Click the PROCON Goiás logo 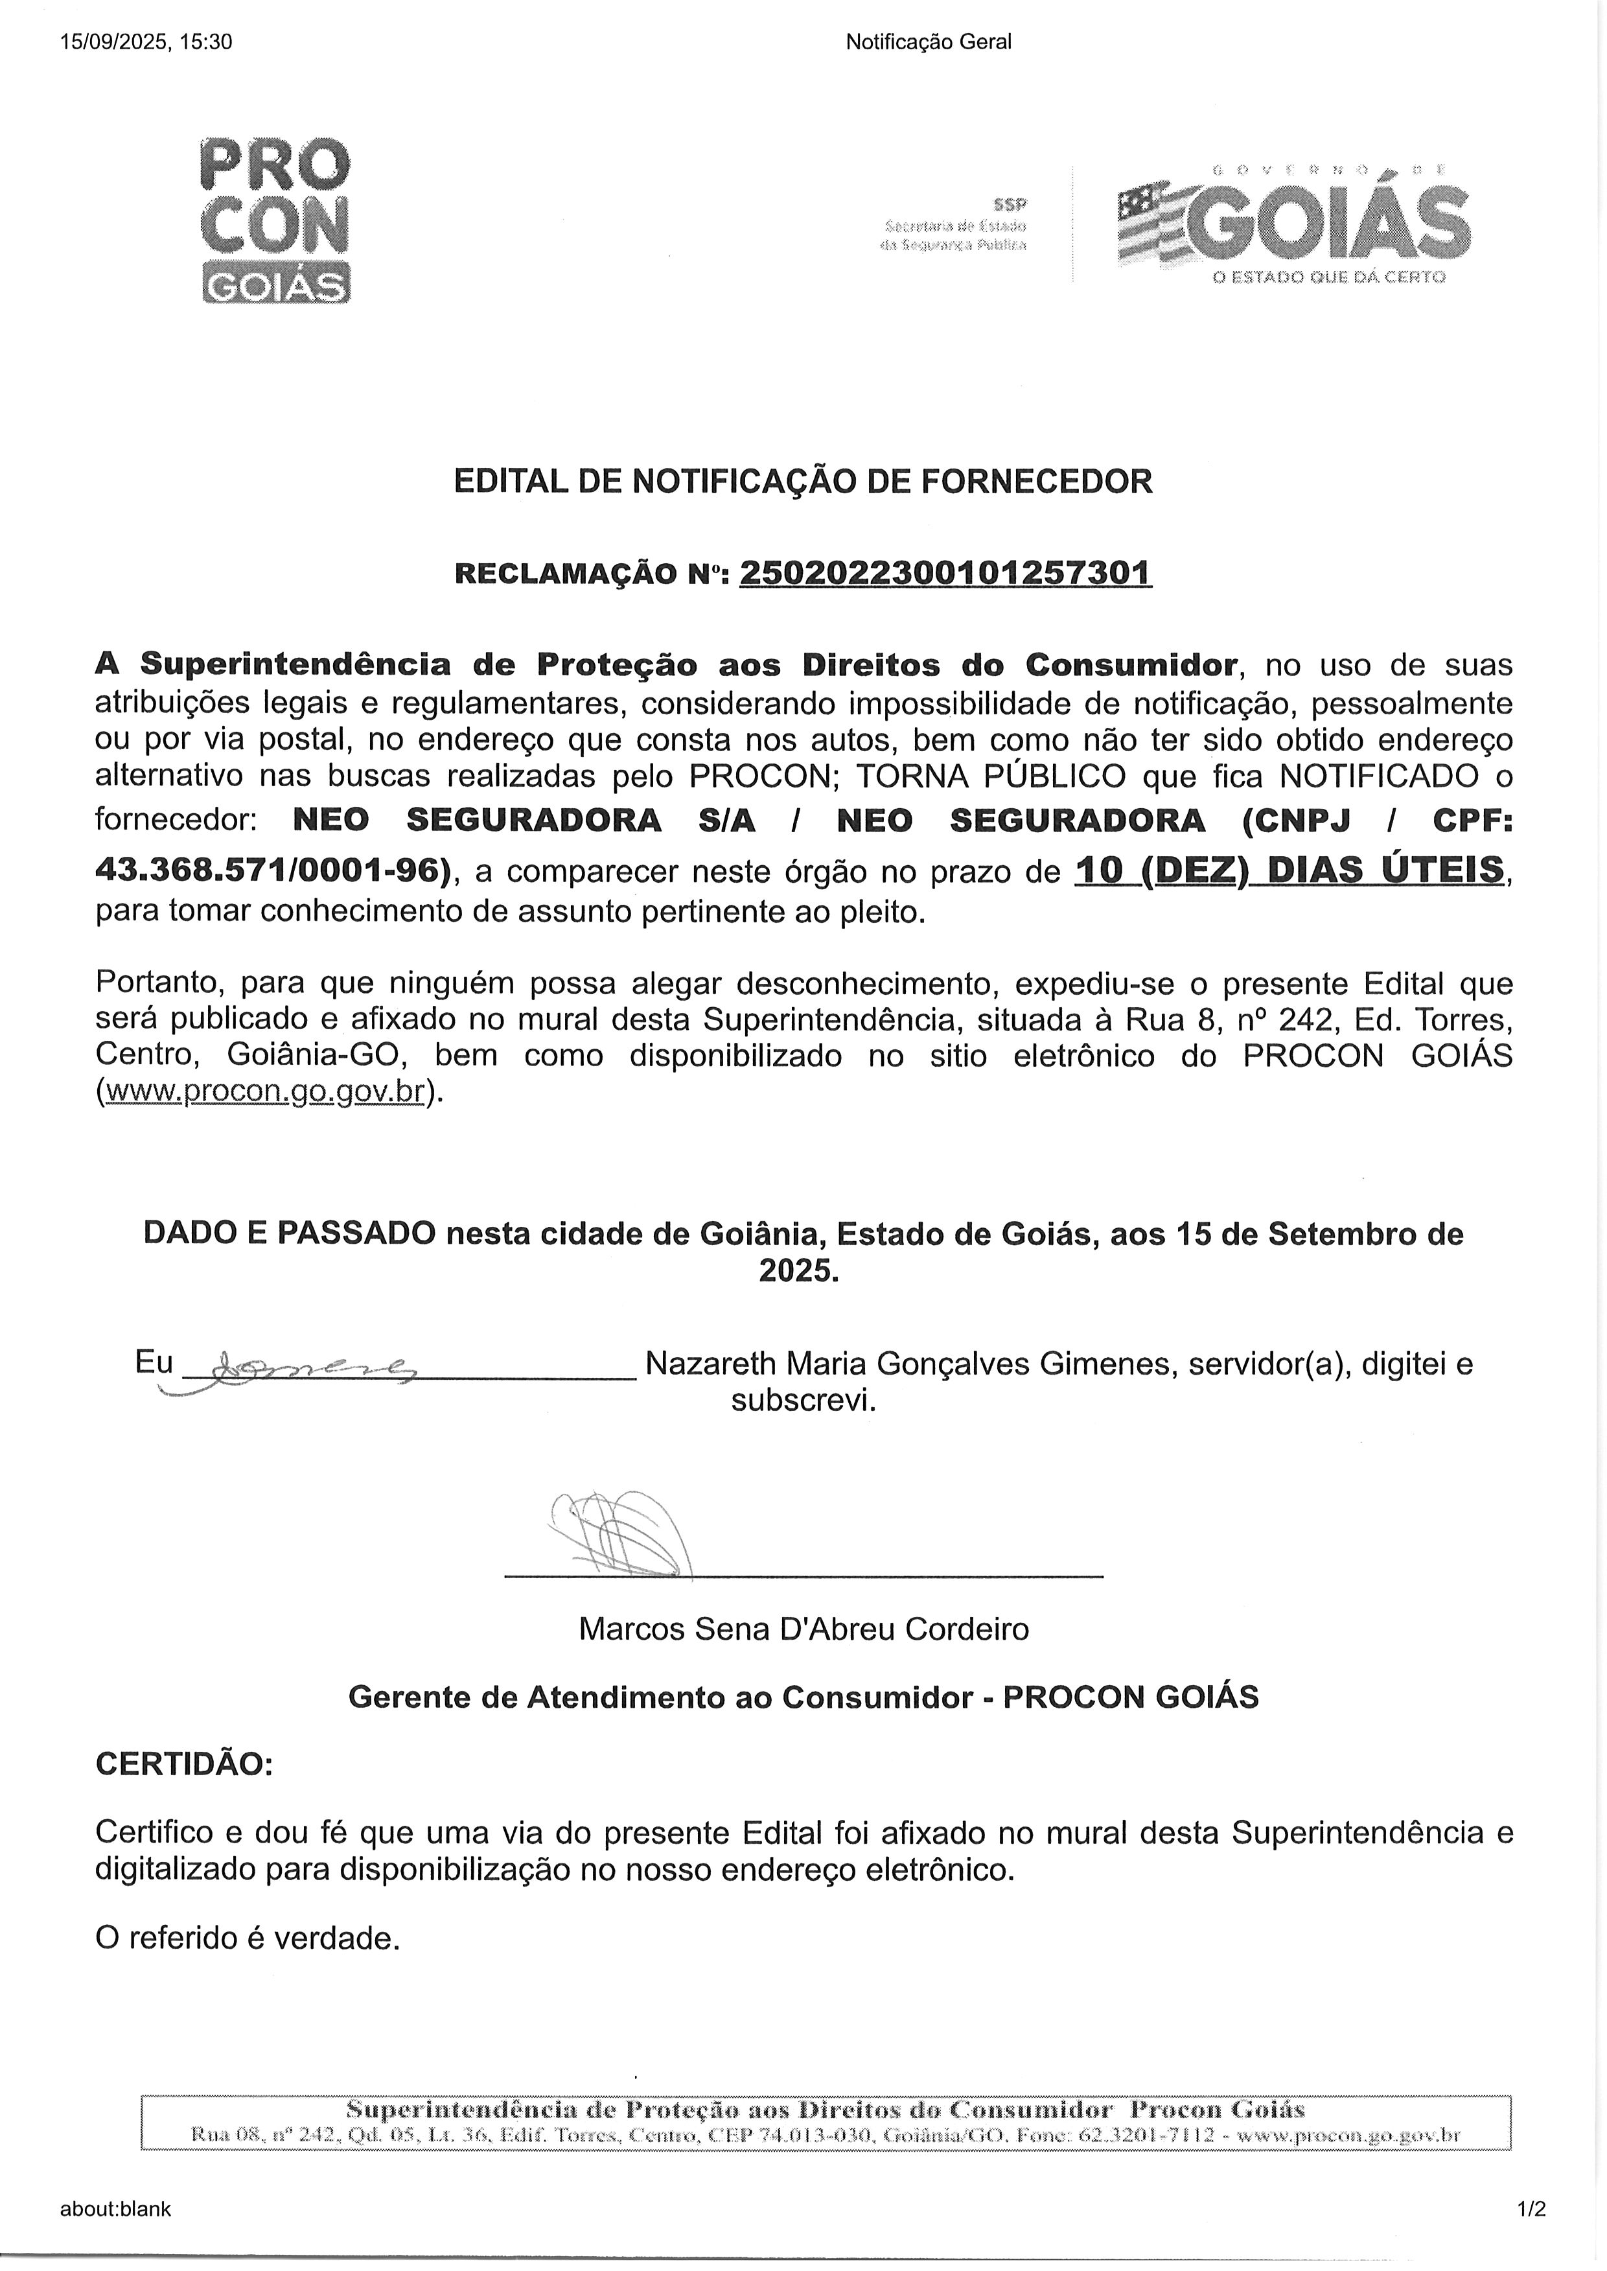click(275, 220)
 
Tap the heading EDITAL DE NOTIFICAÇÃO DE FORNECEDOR click(802, 482)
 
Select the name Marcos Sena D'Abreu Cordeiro click(803, 1629)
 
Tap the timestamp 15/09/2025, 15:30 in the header click(146, 41)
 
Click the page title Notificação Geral click(928, 41)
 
